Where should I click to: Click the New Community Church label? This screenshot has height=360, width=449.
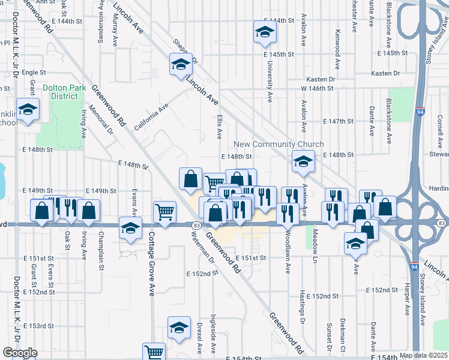tap(279, 145)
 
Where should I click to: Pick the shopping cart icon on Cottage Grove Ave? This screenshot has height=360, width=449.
tap(164, 211)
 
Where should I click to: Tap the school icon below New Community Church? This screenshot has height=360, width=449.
tap(303, 161)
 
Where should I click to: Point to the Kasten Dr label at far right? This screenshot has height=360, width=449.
tap(385, 73)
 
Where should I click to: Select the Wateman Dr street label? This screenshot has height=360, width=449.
tap(205, 250)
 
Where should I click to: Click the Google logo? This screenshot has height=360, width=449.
tap(20, 353)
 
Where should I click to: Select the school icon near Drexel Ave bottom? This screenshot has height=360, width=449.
tap(178, 328)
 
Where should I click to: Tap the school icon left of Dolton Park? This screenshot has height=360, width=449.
tap(27, 110)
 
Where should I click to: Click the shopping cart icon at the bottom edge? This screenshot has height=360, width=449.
tap(154, 352)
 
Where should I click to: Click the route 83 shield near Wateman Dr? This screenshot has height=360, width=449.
tap(197, 224)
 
